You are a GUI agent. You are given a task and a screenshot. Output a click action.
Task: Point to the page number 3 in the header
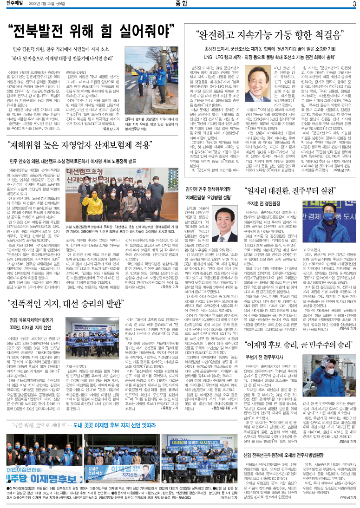pyautogui.click(x=354, y=4)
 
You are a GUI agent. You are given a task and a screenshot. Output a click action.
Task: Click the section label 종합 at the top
pyautogui.click(x=180, y=4)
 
